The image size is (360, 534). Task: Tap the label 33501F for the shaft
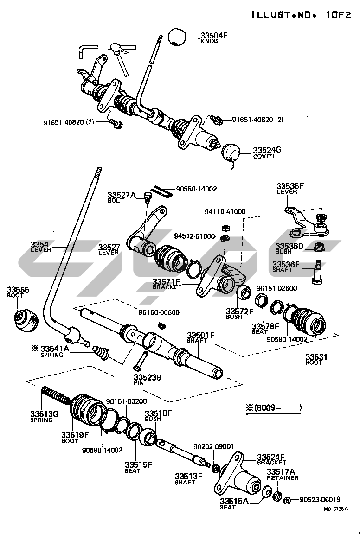click(x=201, y=335)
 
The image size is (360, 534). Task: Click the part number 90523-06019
click(x=320, y=500)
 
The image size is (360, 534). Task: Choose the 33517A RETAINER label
click(x=283, y=474)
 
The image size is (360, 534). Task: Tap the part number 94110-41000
click(x=225, y=211)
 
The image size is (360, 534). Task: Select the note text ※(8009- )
click(x=274, y=407)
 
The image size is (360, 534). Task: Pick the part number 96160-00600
click(x=159, y=312)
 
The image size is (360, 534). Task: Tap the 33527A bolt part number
click(x=122, y=195)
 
